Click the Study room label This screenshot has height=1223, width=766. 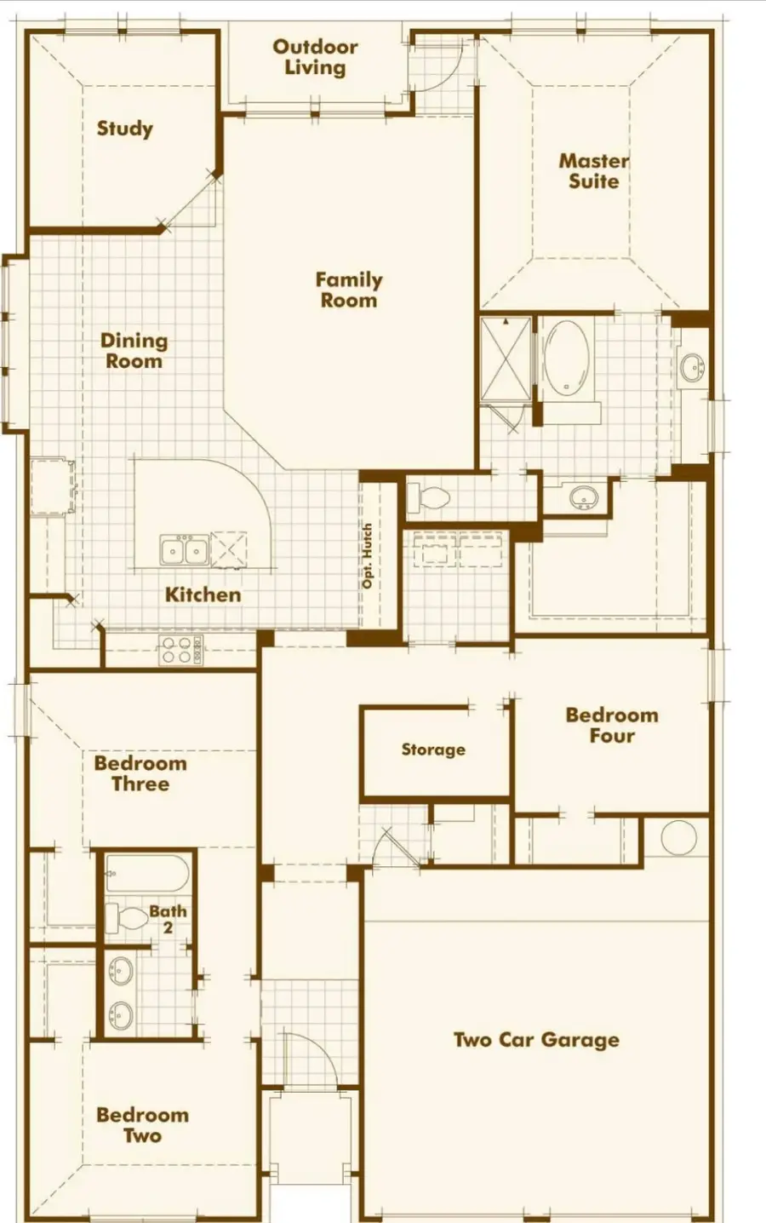click(x=124, y=129)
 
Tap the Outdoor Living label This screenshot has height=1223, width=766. click(x=315, y=58)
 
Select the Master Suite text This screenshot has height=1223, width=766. click(x=593, y=170)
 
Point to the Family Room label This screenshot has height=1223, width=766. click(x=348, y=290)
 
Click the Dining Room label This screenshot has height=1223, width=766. click(x=134, y=351)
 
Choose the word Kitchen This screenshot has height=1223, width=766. click(x=203, y=594)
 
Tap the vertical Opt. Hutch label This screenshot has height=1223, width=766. click(x=368, y=555)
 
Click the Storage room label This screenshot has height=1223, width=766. click(x=433, y=749)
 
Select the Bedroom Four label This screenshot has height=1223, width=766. click(x=612, y=725)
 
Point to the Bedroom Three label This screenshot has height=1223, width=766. click(x=140, y=773)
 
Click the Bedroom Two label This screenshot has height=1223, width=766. click(x=142, y=1124)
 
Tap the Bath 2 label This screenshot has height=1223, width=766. click(x=168, y=918)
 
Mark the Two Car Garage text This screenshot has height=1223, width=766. click(x=536, y=1040)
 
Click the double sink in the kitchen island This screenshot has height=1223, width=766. click(x=185, y=551)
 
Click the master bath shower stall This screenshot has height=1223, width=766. click(x=506, y=359)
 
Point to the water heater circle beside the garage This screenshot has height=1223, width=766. click(x=678, y=838)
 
